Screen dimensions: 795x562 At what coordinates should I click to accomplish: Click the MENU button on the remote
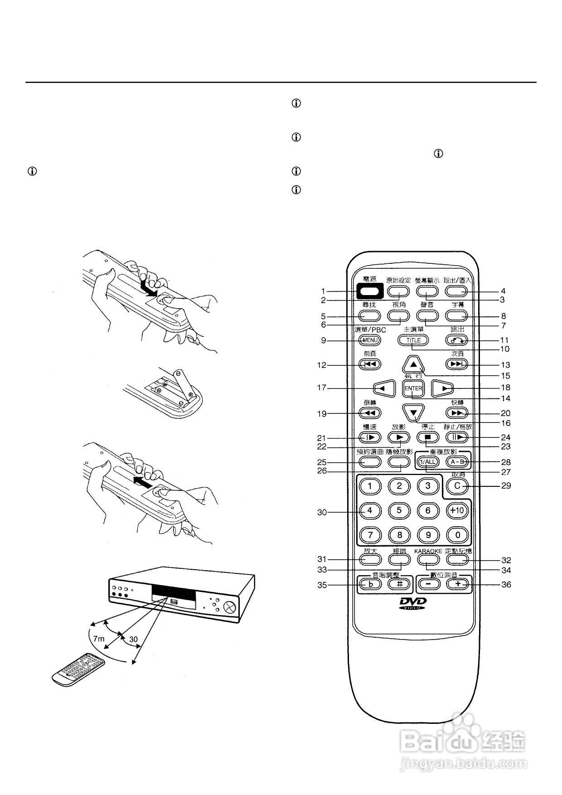click(370, 340)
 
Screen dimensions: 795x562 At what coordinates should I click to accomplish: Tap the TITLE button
click(413, 340)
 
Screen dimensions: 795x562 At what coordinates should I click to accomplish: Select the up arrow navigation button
click(413, 364)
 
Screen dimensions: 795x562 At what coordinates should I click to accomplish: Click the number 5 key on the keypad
click(399, 510)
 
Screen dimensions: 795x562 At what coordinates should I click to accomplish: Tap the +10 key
click(457, 510)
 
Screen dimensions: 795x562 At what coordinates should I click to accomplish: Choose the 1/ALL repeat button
click(428, 462)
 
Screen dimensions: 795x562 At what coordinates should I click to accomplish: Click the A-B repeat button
click(457, 462)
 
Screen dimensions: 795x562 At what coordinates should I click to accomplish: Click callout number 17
click(322, 388)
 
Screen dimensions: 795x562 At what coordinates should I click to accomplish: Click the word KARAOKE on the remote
click(428, 551)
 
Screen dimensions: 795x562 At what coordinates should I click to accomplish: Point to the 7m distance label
click(98, 639)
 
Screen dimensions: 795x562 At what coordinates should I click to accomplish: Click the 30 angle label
click(133, 639)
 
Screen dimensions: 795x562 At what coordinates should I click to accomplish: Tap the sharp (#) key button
click(399, 584)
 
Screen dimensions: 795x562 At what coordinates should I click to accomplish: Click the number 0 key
click(457, 535)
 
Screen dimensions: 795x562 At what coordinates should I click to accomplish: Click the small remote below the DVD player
click(78, 670)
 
